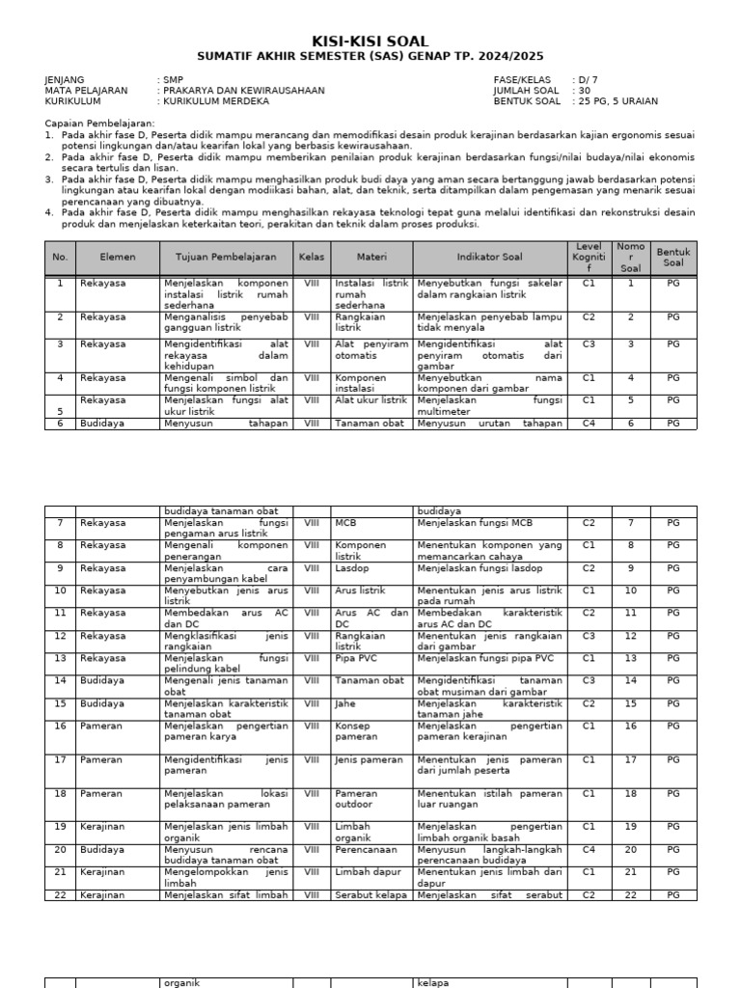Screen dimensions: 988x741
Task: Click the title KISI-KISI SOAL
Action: (370, 41)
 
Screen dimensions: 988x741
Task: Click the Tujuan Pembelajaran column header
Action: (226, 258)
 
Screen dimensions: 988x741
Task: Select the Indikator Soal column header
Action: (489, 258)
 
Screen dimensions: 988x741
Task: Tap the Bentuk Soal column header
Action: (672, 258)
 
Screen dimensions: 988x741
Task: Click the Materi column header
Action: (371, 258)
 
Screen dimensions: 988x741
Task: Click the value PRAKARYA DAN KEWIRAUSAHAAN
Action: (243, 91)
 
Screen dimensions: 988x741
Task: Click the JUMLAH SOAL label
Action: (526, 91)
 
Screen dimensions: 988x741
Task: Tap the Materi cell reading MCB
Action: (345, 523)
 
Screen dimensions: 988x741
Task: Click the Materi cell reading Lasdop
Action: (350, 567)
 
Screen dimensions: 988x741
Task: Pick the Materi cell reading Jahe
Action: (345, 703)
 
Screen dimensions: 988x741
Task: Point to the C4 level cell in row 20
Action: (589, 850)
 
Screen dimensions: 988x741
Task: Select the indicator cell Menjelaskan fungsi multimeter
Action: (489, 405)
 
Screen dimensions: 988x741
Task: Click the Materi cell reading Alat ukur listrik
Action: (370, 399)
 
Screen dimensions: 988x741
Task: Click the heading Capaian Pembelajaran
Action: (100, 124)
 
